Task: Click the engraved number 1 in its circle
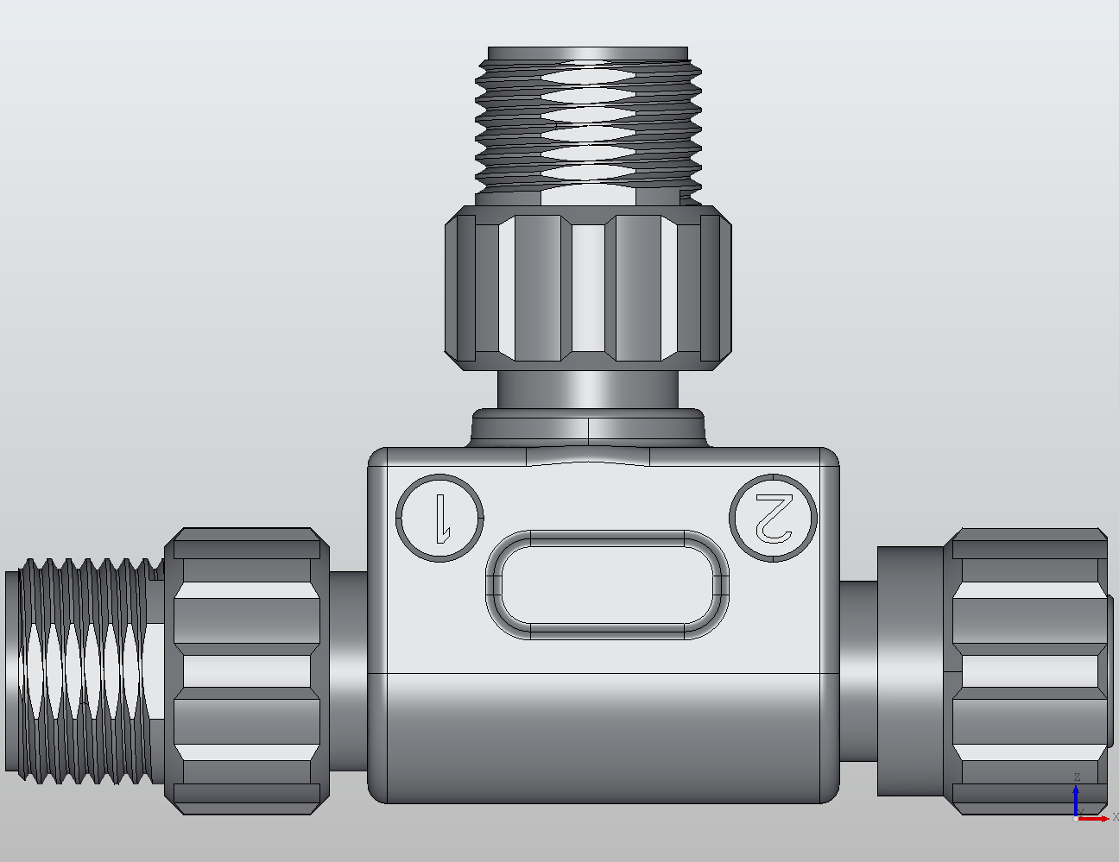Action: pyautogui.click(x=440, y=518)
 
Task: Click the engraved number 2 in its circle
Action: pyautogui.click(x=773, y=517)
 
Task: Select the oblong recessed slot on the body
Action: pyautogui.click(x=607, y=584)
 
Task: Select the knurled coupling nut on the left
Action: pyautogui.click(x=247, y=671)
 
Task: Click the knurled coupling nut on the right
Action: pyautogui.click(x=1027, y=671)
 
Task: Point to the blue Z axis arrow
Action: pyautogui.click(x=1076, y=798)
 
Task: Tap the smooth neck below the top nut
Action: pyautogui.click(x=588, y=390)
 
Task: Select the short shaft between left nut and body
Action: pyautogui.click(x=349, y=671)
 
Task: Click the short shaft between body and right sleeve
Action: pyautogui.click(x=858, y=671)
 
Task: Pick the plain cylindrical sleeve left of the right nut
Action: pyautogui.click(x=910, y=671)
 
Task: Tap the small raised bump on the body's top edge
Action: pyautogui.click(x=588, y=456)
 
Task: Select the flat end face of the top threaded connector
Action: pyautogui.click(x=588, y=53)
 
